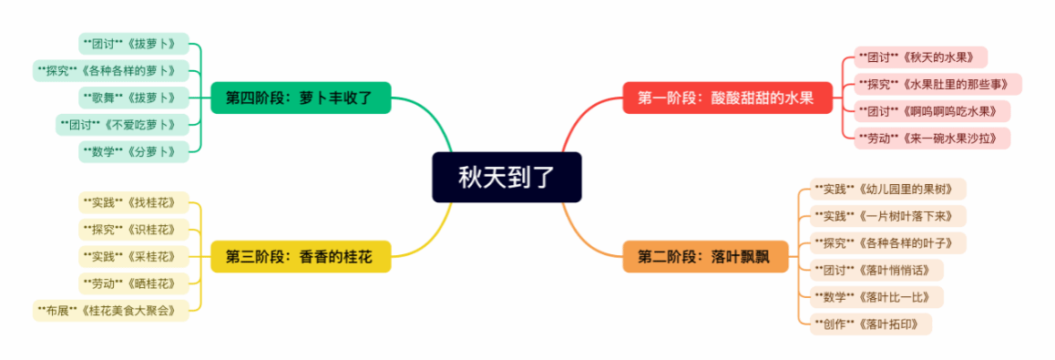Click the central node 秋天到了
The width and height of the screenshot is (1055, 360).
click(507, 177)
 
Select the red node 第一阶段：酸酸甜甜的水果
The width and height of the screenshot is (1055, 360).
click(727, 98)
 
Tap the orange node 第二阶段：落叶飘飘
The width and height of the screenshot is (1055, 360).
click(705, 256)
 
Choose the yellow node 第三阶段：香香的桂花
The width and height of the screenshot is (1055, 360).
click(301, 256)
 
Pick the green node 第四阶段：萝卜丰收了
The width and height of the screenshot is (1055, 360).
click(301, 98)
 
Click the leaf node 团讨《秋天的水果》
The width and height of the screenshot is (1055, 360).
click(920, 57)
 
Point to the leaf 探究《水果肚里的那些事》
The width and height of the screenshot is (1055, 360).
click(937, 84)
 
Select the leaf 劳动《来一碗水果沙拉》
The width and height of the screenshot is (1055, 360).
click(932, 138)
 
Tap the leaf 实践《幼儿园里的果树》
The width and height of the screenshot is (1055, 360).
click(887, 189)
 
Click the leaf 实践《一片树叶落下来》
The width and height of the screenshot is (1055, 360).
click(887, 216)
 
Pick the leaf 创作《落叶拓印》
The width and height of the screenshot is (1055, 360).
click(870, 324)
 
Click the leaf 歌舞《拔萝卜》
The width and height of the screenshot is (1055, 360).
click(134, 98)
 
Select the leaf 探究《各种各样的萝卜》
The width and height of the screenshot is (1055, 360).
click(111, 71)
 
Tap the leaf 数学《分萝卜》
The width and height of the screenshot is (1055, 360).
click(134, 151)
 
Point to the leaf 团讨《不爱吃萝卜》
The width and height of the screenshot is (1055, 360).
click(122, 125)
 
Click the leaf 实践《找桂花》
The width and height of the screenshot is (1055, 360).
click(134, 202)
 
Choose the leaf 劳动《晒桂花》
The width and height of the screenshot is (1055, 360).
click(134, 283)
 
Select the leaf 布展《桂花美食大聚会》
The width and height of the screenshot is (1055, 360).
click(111, 310)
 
